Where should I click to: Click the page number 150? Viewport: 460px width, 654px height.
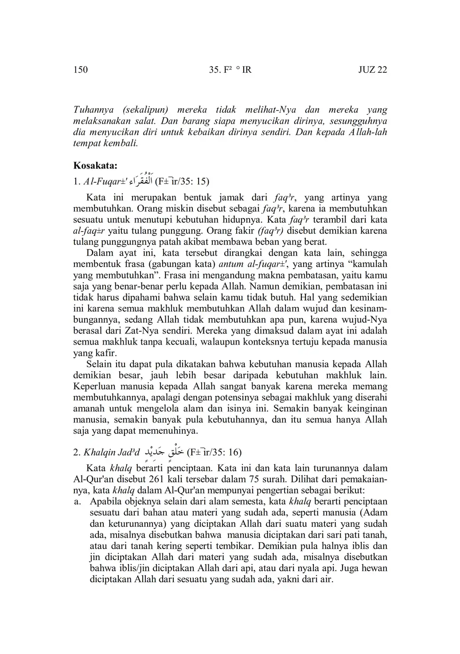tap(81, 70)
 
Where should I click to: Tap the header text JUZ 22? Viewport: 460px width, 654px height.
tap(372, 70)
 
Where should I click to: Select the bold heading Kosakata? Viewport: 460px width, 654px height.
tap(95, 166)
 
